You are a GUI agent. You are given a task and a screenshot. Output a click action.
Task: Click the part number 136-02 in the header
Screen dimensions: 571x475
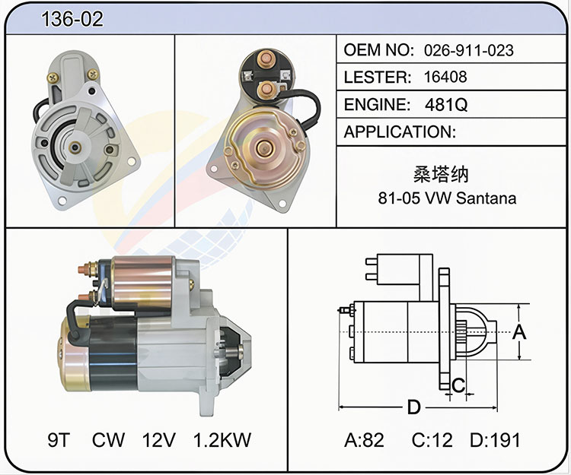(x=72, y=19)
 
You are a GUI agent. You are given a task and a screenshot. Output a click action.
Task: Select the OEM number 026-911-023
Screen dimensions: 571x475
(x=469, y=50)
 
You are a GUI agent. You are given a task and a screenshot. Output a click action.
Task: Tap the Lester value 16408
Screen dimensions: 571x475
(x=445, y=77)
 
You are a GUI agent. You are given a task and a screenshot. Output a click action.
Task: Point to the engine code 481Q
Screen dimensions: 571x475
(x=445, y=105)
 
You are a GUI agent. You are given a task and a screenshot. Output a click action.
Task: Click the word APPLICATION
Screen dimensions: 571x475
(x=400, y=132)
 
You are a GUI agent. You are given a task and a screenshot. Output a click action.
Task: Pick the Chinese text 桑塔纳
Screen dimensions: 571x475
(x=440, y=175)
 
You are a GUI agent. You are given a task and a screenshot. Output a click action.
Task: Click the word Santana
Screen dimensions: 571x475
(x=486, y=198)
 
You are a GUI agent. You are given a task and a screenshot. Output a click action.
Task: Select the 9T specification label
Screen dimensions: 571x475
(x=59, y=440)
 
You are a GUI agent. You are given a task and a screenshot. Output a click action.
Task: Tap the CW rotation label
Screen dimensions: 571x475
(x=108, y=440)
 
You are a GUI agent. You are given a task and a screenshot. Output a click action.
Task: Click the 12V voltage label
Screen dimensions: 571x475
(x=159, y=440)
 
